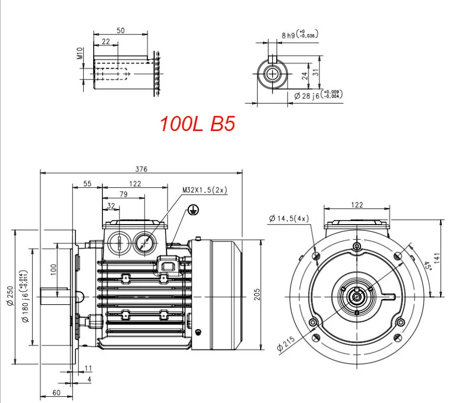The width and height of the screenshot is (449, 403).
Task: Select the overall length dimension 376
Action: click(142, 168)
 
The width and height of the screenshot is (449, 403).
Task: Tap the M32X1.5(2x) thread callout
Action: click(205, 190)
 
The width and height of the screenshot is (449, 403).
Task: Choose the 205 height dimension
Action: click(256, 295)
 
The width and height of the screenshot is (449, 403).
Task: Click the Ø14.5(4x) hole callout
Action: click(289, 219)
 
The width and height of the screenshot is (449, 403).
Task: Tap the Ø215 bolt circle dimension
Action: click(285, 344)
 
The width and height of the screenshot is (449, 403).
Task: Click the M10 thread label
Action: click(80, 54)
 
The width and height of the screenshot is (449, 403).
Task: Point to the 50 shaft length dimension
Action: click(120, 31)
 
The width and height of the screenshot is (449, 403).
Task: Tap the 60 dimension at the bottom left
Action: click(56, 392)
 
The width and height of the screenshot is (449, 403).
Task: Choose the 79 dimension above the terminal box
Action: click(124, 194)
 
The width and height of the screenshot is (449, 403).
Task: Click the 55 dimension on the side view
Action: click(87, 184)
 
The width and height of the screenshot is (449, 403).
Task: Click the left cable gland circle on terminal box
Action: click(120, 242)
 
